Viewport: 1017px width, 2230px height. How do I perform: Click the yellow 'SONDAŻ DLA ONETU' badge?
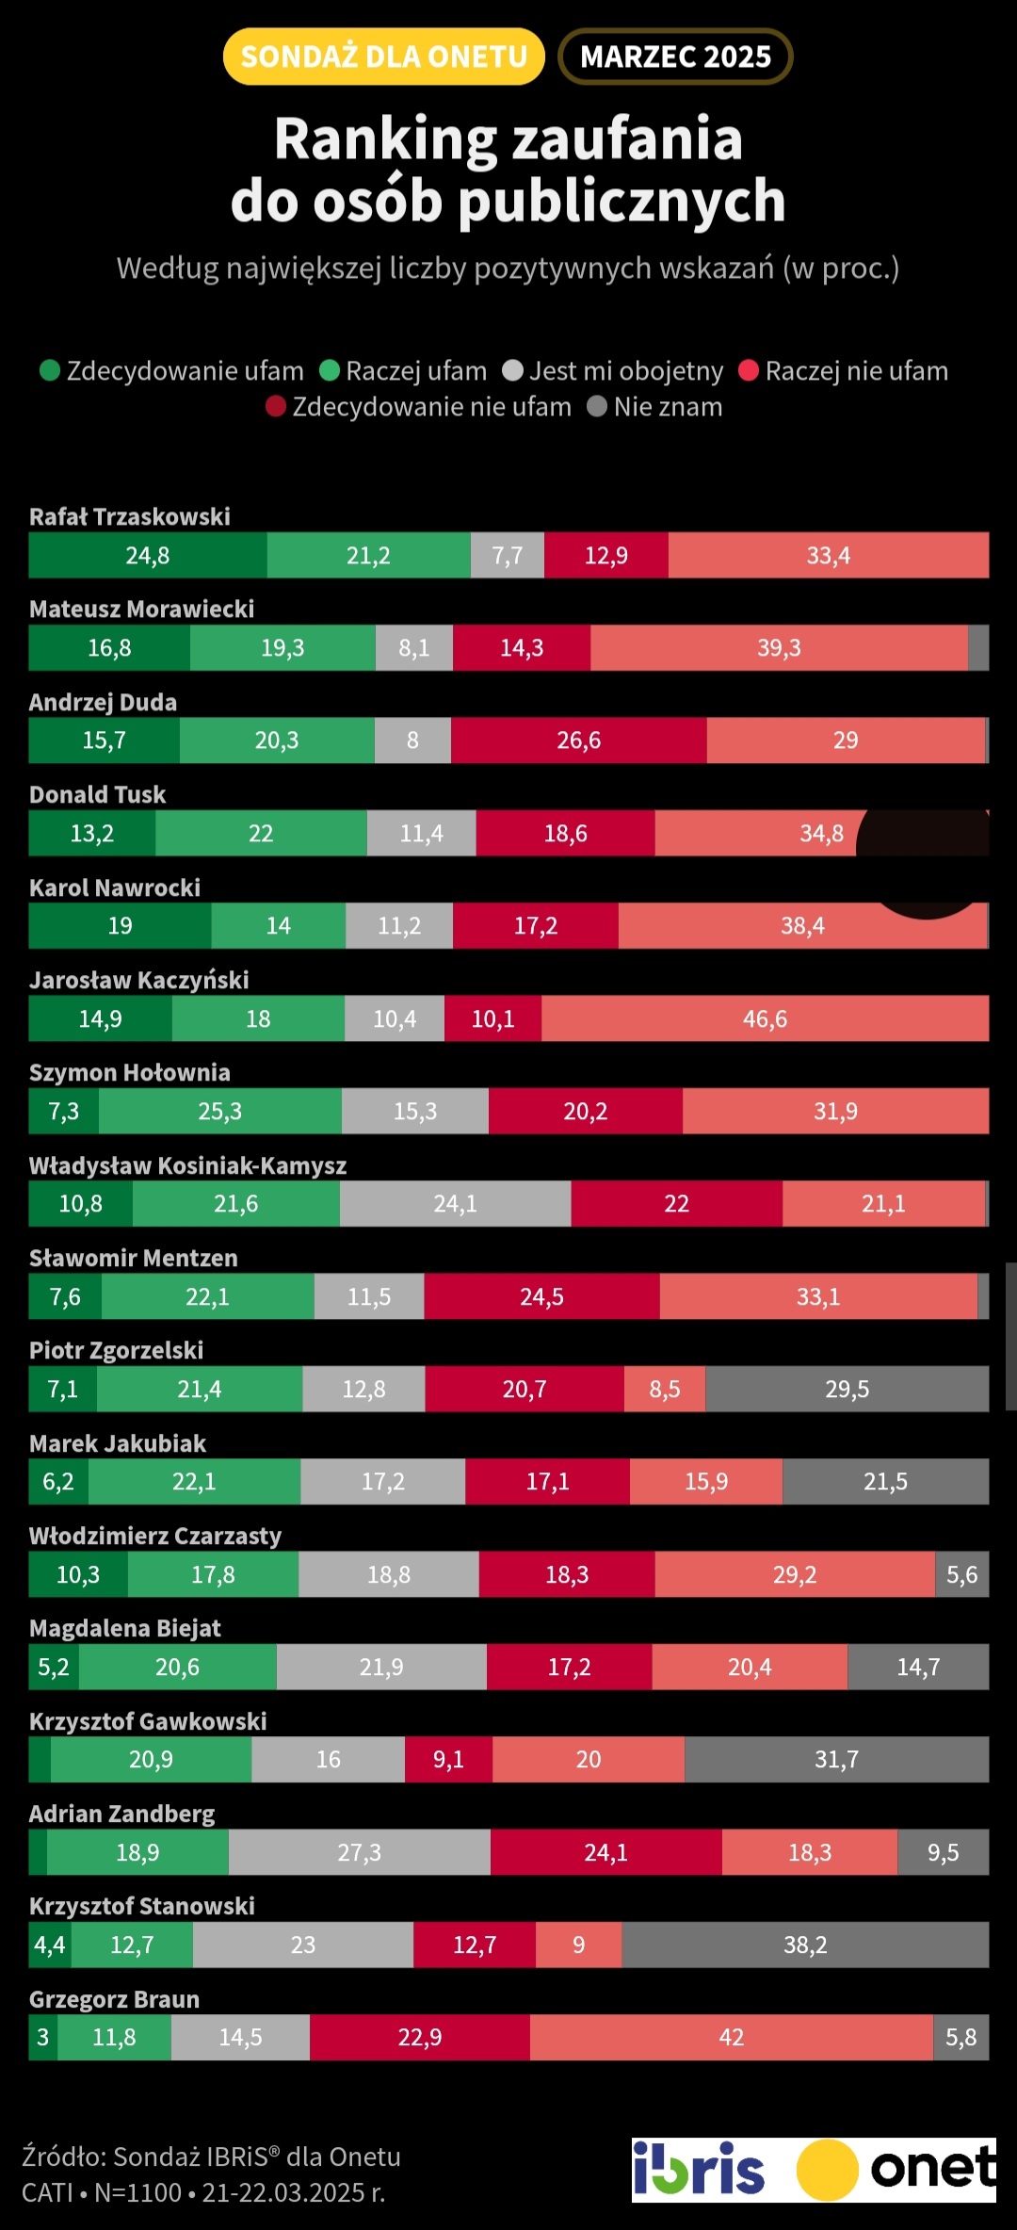[383, 57]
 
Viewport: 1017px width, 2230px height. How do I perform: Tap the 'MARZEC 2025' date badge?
[675, 57]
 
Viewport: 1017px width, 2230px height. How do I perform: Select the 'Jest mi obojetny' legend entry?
[614, 371]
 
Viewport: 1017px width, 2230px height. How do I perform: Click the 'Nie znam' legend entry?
[655, 407]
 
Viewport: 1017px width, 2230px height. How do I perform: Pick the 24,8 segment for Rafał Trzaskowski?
[148, 555]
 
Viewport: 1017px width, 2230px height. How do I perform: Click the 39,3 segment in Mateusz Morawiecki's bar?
[779, 648]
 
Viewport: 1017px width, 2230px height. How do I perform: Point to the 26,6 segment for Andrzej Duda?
[578, 741]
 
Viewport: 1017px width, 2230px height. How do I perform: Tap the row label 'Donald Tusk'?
[97, 795]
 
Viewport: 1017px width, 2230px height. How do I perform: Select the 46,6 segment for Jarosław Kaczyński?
[765, 1018]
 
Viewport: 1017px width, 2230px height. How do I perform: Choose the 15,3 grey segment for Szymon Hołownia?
[415, 1112]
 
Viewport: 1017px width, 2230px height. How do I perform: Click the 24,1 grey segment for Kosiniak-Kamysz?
[455, 1204]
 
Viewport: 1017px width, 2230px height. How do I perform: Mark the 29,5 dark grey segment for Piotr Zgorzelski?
[847, 1389]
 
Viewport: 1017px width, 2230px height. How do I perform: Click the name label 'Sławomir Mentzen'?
[133, 1259]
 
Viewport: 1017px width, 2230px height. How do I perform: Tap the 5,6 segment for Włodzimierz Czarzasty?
[961, 1574]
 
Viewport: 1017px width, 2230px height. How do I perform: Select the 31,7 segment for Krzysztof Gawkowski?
[836, 1760]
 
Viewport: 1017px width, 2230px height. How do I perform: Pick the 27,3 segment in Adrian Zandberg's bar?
[359, 1852]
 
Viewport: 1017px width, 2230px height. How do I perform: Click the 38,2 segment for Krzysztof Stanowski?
[805, 1945]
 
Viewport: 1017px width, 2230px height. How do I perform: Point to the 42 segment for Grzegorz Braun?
[731, 2038]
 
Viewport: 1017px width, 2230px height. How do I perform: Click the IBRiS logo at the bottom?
[698, 2170]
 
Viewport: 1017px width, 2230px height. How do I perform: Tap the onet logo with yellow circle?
[896, 2170]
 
